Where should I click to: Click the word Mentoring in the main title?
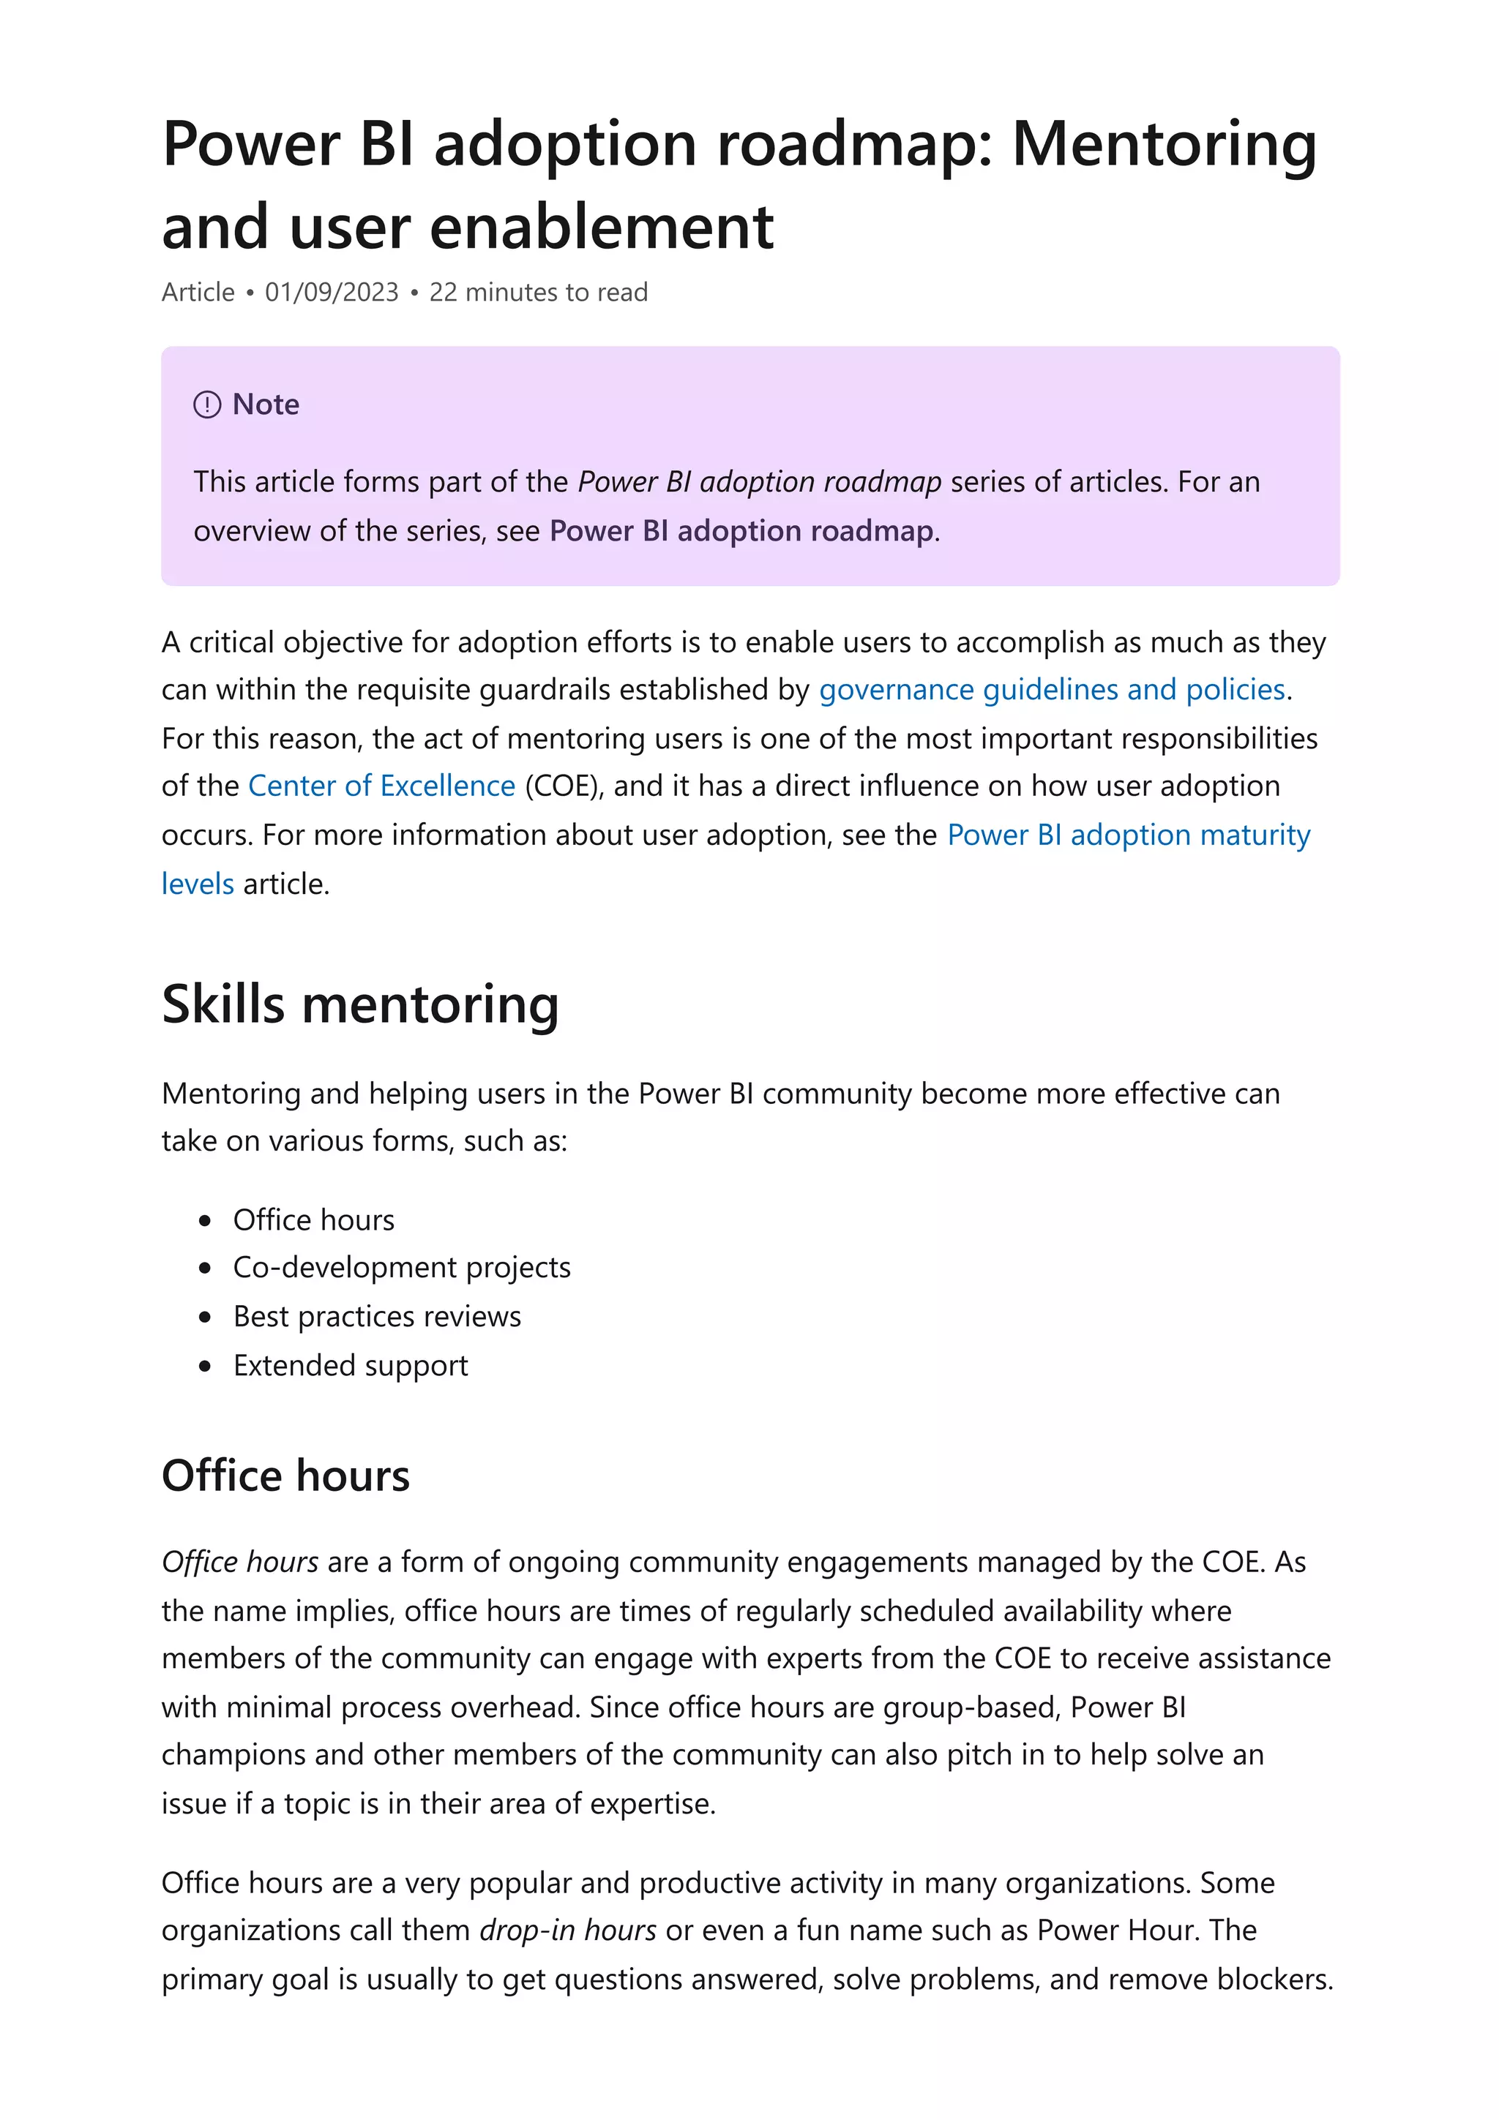[x=1164, y=146]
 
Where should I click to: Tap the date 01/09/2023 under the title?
[x=332, y=293]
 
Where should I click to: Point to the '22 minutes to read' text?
[x=539, y=293]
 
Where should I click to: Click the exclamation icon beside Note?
[x=207, y=405]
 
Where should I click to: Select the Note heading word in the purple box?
[x=266, y=405]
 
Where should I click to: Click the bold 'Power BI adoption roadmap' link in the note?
[x=741, y=531]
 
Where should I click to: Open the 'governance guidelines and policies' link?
[x=1052, y=690]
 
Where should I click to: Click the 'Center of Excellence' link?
[x=381, y=786]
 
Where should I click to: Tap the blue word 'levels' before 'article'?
[x=198, y=884]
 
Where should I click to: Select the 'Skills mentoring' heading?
[x=360, y=1004]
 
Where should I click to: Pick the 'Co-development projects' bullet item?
[x=402, y=1268]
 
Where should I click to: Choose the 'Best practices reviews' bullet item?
[x=377, y=1317]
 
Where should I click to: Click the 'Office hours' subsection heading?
[x=285, y=1476]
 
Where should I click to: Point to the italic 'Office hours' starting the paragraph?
[x=240, y=1563]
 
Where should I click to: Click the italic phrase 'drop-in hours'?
[x=568, y=1931]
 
